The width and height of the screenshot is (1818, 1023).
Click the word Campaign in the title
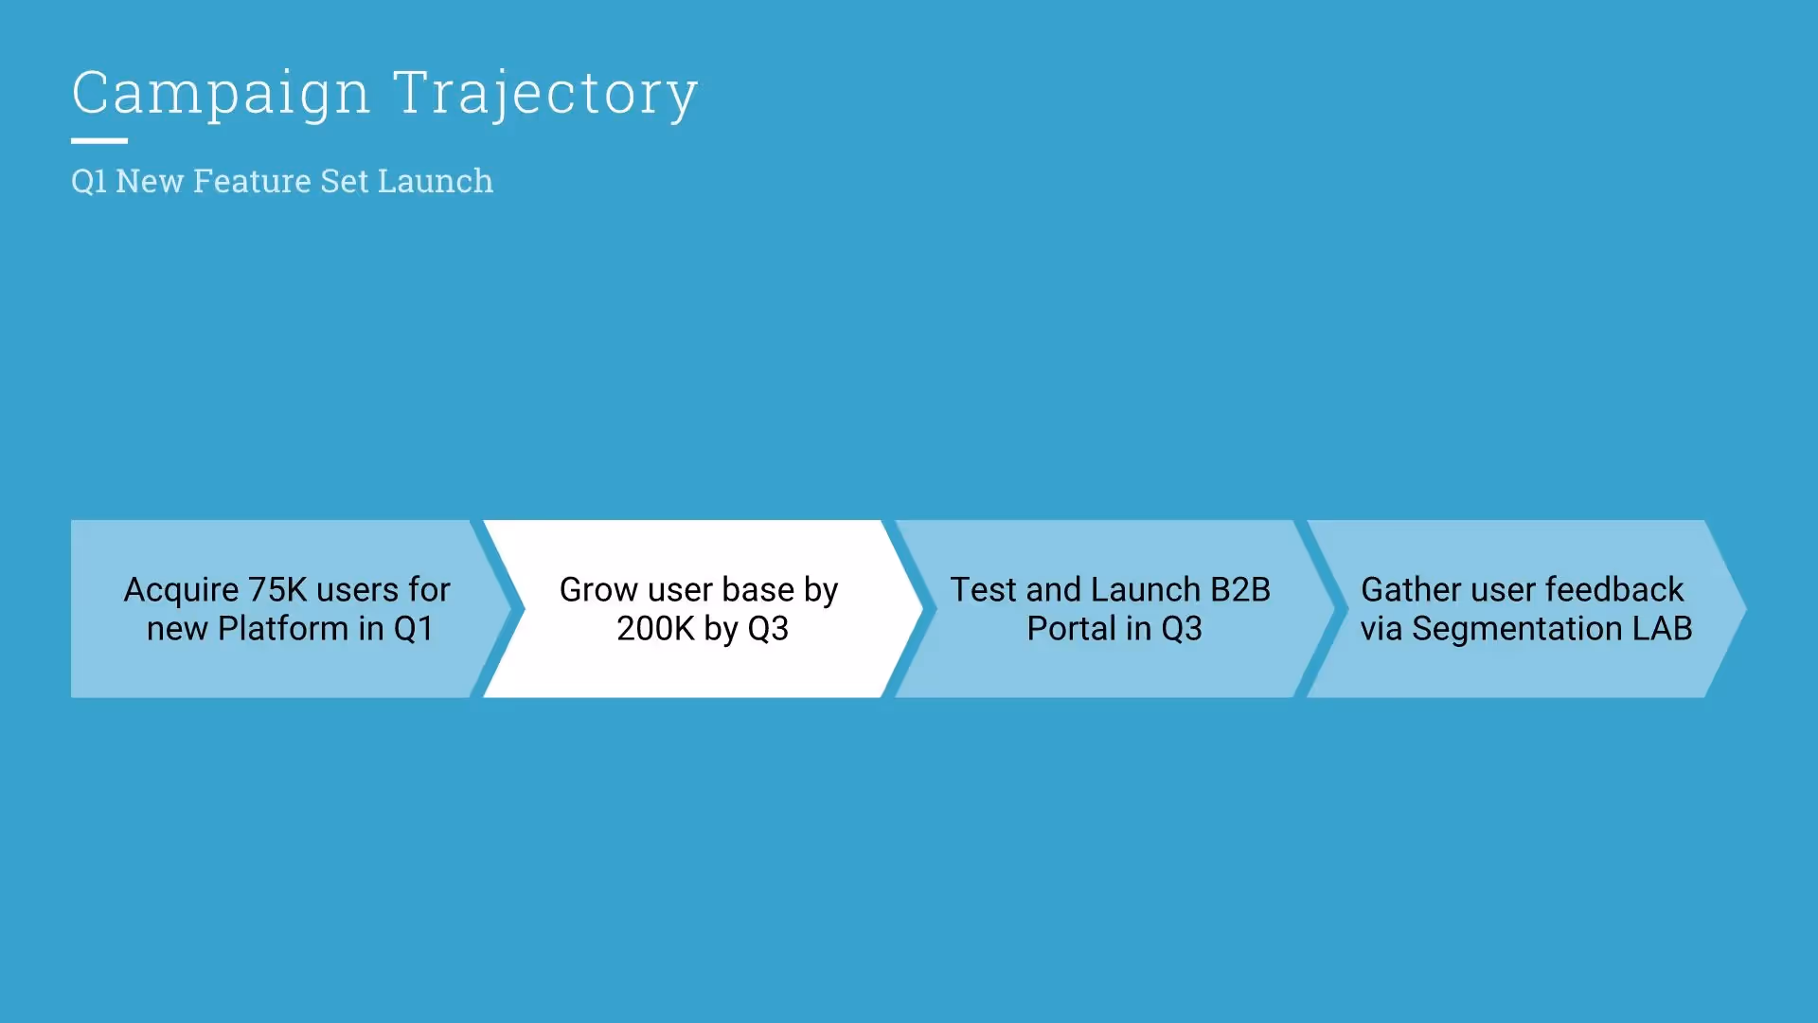pos(221,94)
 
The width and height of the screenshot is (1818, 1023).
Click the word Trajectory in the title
pos(545,94)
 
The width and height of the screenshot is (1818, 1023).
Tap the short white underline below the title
pos(99,141)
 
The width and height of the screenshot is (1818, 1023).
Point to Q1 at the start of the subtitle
pos(89,181)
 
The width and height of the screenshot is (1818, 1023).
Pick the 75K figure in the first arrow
pos(277,590)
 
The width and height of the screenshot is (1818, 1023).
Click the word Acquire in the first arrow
pos(181,590)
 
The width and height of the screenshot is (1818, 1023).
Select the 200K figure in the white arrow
pos(655,629)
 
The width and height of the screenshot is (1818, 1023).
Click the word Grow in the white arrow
pos(598,590)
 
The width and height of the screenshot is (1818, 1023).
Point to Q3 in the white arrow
pos(768,629)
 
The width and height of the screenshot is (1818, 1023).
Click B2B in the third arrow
pos(1240,590)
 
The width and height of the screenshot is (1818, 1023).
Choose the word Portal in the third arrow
pos(1071,629)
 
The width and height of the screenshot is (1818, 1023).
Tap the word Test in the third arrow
pos(983,590)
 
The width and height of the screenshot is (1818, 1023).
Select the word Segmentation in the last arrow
pos(1517,629)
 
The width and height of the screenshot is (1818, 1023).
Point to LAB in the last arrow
pos(1663,629)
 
